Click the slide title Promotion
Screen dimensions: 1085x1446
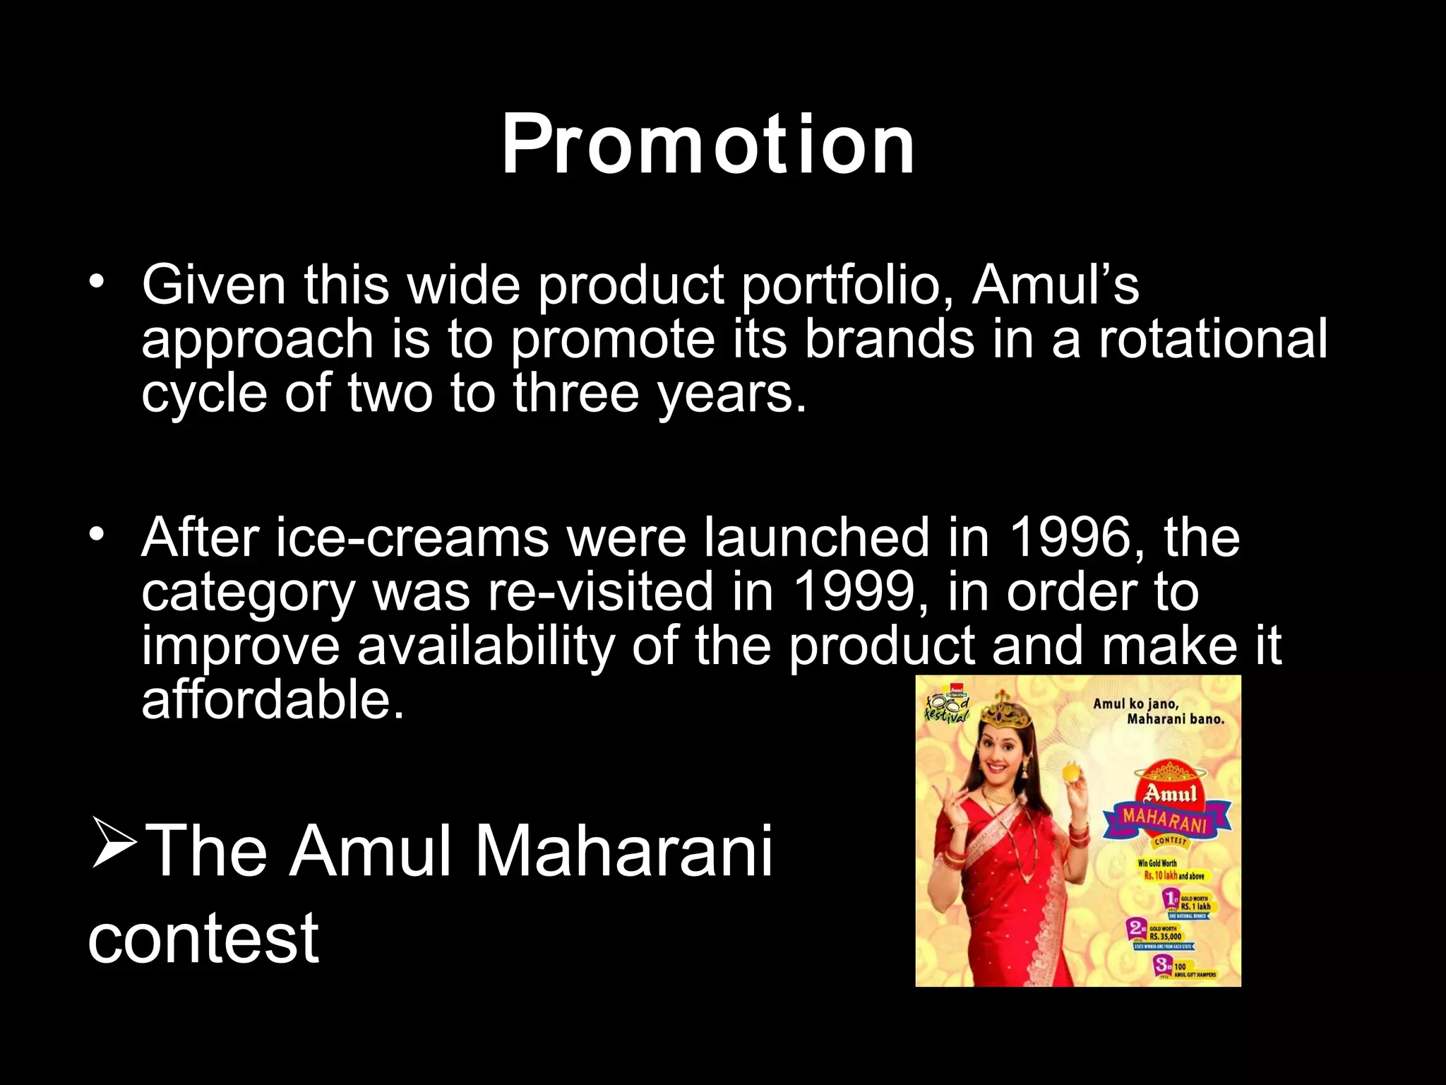[708, 145]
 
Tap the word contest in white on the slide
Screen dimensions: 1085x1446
[203, 937]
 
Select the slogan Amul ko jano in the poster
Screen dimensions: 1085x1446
[1135, 704]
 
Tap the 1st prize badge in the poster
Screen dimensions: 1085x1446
[1171, 899]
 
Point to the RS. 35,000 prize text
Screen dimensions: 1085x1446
[1166, 937]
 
